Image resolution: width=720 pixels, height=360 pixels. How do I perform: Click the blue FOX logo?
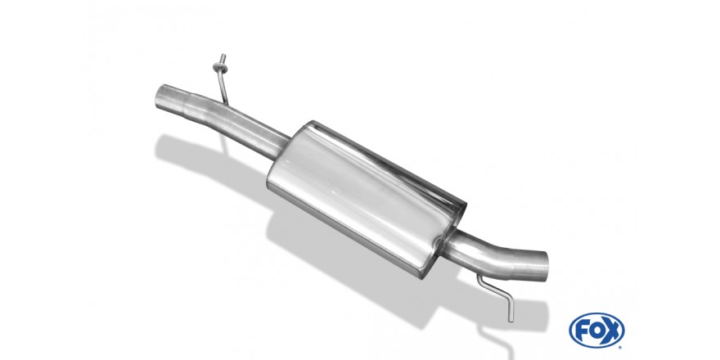[596, 331]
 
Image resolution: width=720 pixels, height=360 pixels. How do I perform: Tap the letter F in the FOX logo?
[581, 331]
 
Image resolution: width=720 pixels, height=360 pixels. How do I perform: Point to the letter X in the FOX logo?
[613, 331]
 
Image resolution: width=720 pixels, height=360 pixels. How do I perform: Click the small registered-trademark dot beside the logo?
[621, 347]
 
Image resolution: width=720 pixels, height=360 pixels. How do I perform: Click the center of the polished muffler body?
[367, 199]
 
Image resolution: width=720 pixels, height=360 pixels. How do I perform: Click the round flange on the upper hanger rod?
[220, 68]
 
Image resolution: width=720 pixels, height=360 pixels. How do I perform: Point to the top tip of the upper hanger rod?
[223, 55]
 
